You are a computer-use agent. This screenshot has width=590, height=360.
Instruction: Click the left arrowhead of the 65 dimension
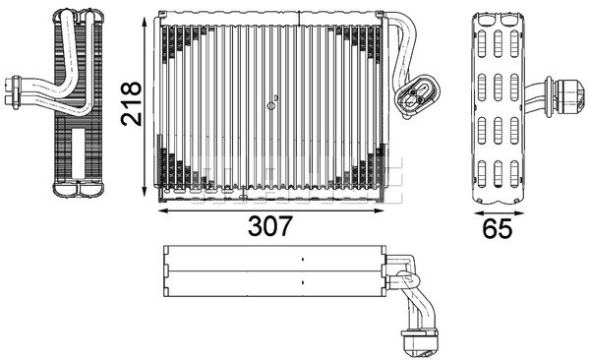coord(476,209)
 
